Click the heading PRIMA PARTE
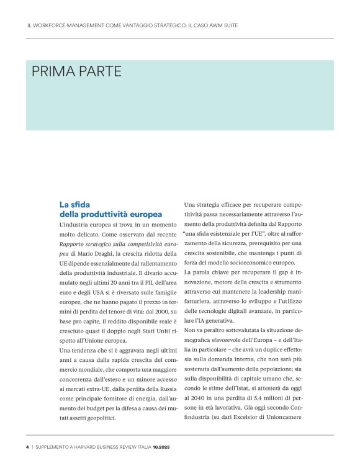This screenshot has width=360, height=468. [x=76, y=72]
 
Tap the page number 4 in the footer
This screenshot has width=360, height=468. [x=27, y=446]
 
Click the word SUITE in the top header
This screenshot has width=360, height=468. [x=229, y=25]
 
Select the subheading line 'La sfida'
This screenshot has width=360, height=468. [x=74, y=204]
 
